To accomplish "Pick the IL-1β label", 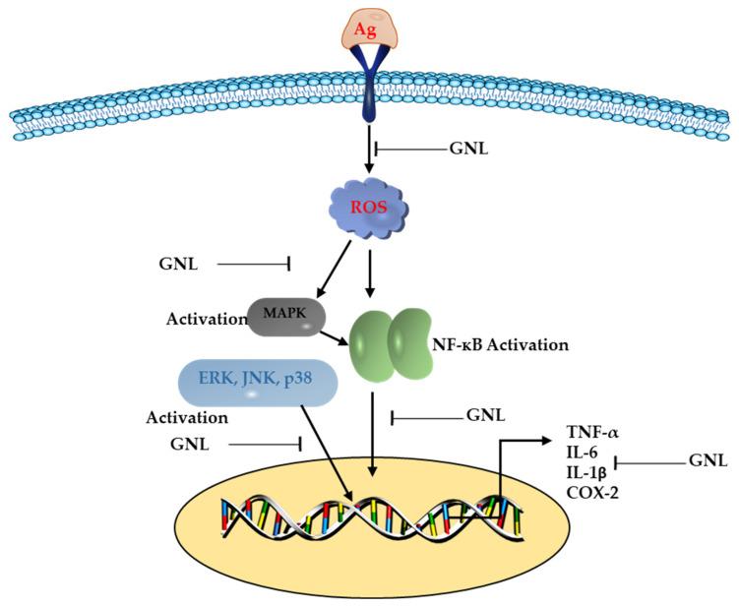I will point(585,471).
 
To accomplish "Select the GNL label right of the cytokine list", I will point(708,459).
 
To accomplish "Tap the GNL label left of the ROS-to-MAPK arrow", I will point(179,264).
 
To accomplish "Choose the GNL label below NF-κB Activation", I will point(485,416).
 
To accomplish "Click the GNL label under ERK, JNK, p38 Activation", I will point(190,444).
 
